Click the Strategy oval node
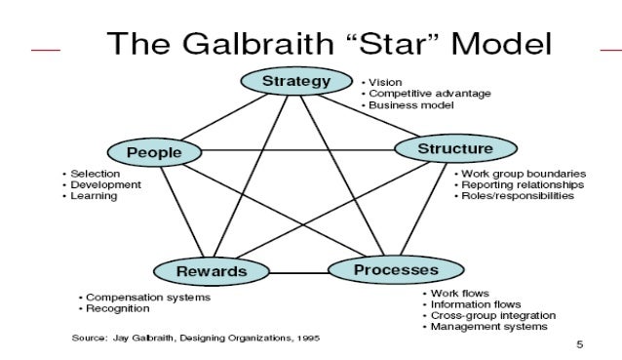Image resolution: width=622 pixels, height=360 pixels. click(x=296, y=81)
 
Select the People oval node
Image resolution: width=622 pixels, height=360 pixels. click(x=153, y=152)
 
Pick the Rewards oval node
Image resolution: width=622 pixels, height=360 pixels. click(x=211, y=270)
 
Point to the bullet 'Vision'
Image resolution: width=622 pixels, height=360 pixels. click(x=385, y=82)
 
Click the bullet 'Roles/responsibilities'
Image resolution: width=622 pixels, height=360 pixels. click(x=518, y=196)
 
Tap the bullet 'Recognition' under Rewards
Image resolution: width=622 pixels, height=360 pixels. click(x=117, y=308)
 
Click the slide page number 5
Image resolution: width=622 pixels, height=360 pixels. click(x=580, y=343)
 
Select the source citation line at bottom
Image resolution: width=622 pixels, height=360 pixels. click(x=195, y=339)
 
